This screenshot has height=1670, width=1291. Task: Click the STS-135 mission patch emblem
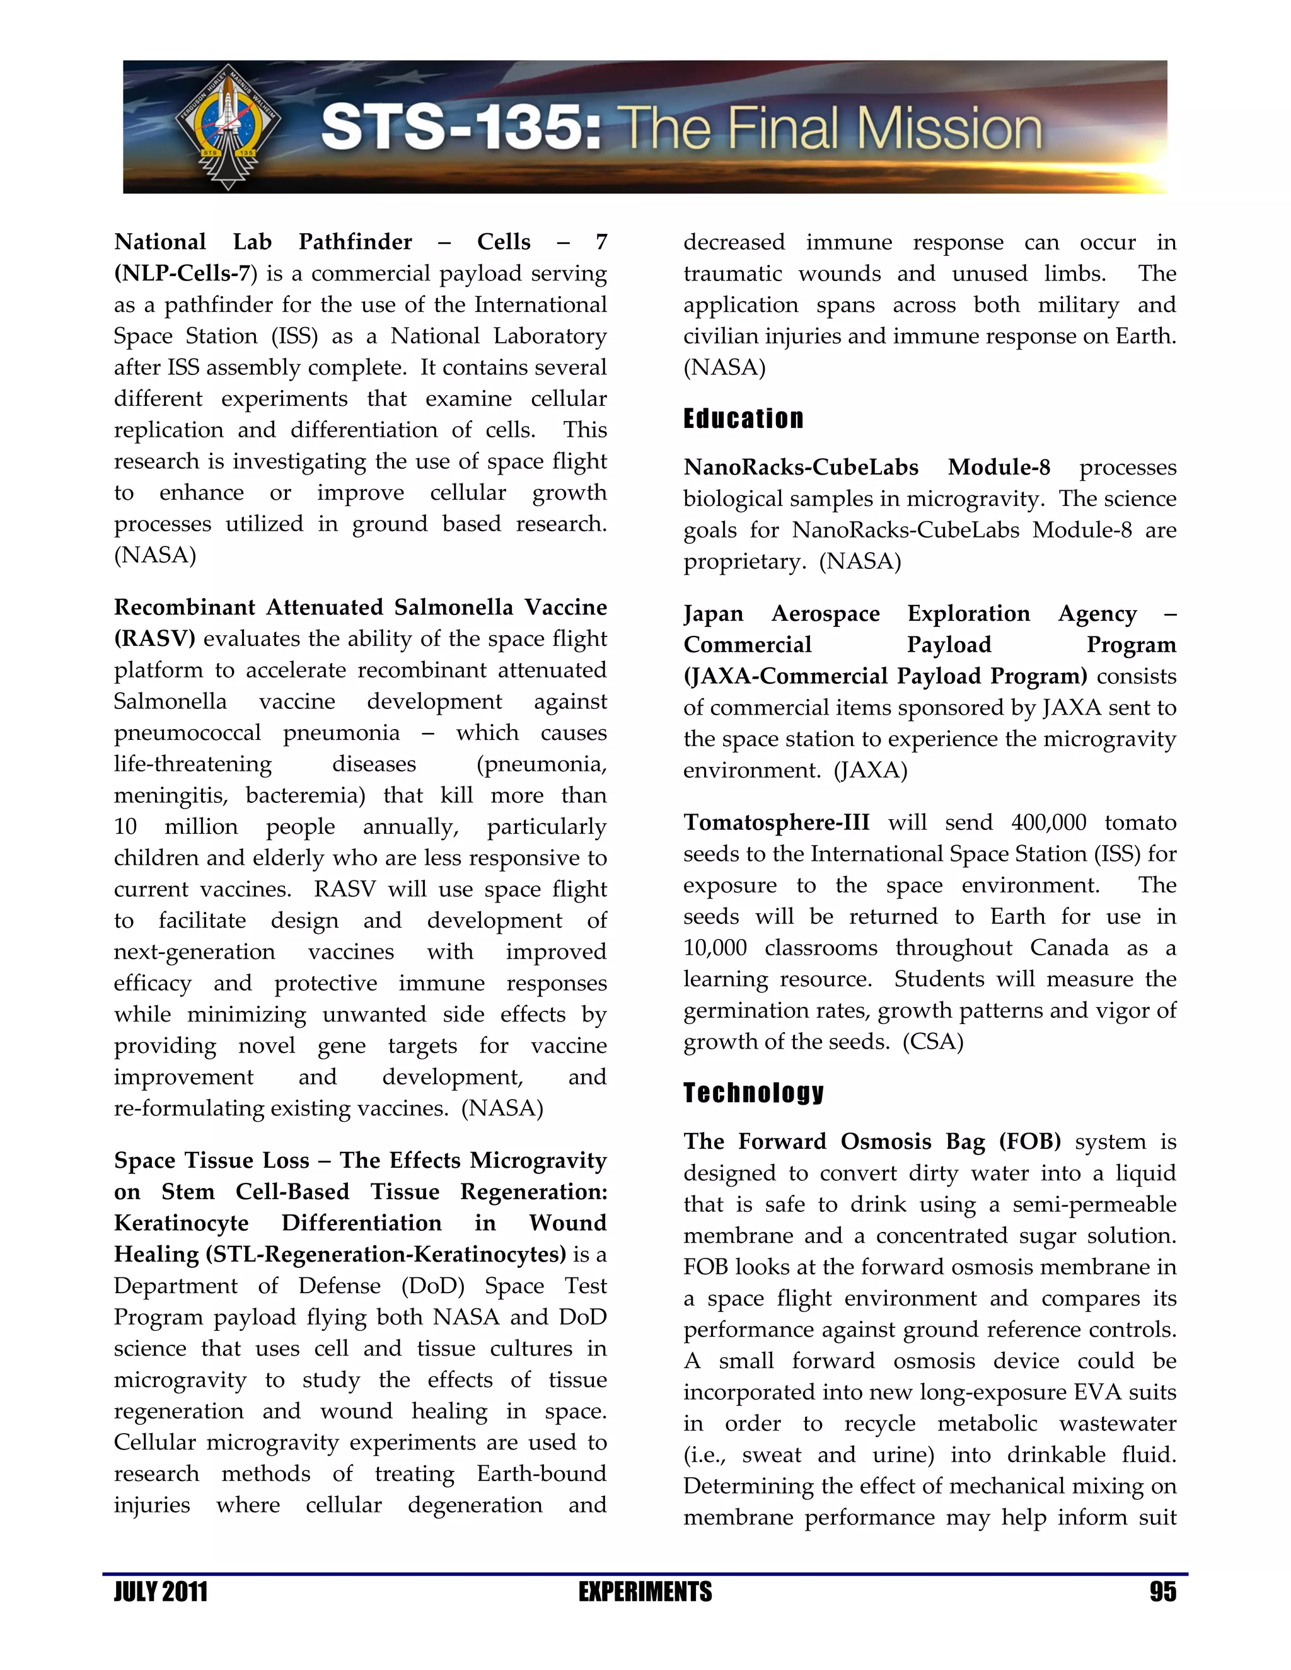pyautogui.click(x=228, y=127)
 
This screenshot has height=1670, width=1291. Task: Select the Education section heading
pyautogui.click(x=743, y=419)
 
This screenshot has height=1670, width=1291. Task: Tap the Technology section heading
pyautogui.click(x=753, y=1093)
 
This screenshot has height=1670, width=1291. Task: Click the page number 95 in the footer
pyautogui.click(x=1162, y=1592)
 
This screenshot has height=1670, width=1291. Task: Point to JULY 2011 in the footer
pyautogui.click(x=161, y=1592)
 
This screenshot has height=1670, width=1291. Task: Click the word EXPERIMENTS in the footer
pyautogui.click(x=645, y=1592)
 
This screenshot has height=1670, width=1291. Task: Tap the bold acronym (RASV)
pyautogui.click(x=154, y=638)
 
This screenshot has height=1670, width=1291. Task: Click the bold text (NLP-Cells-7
pyautogui.click(x=183, y=274)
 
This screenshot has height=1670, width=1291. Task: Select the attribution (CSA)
pyautogui.click(x=933, y=1042)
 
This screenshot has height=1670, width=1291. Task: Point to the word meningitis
pyautogui.click(x=171, y=795)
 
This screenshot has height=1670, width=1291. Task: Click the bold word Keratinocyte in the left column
pyautogui.click(x=182, y=1223)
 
